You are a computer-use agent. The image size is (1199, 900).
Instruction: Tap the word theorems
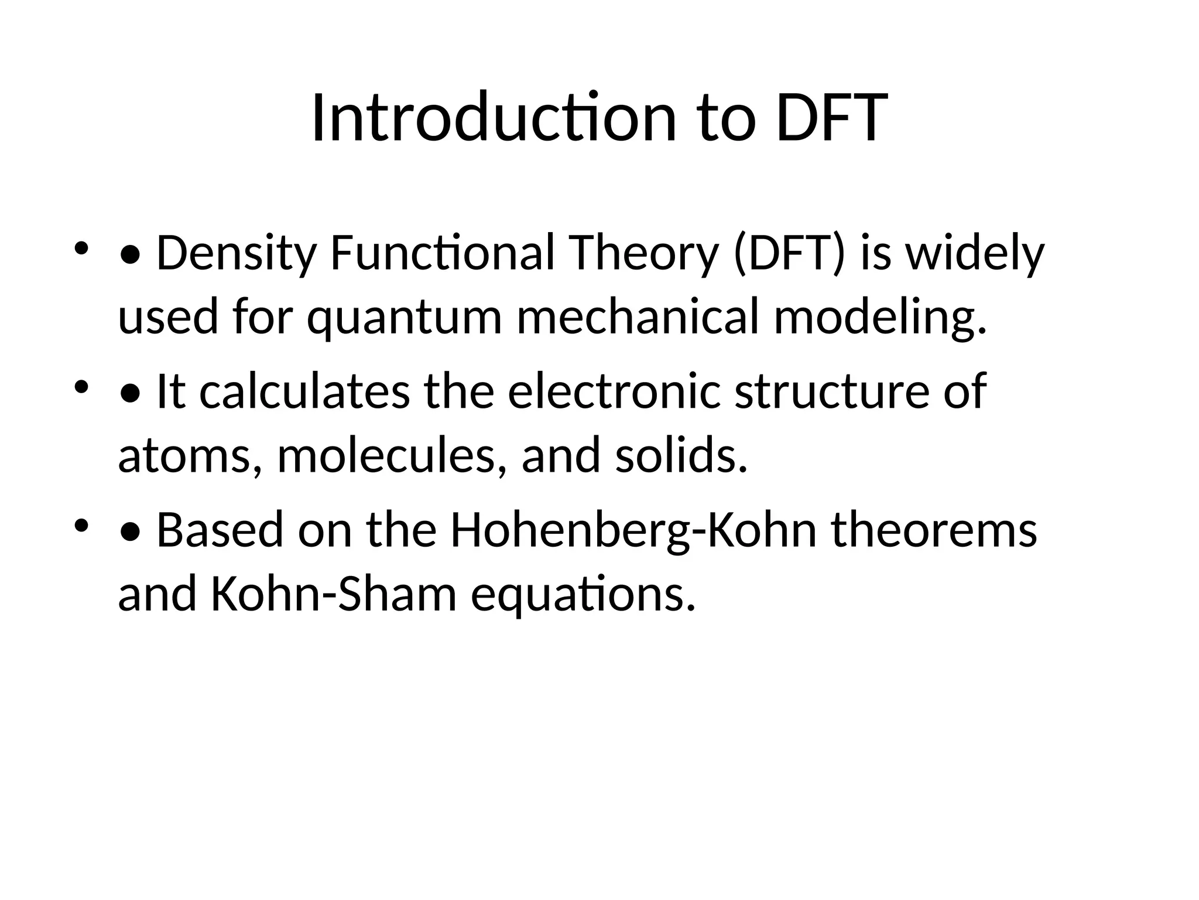pos(934,530)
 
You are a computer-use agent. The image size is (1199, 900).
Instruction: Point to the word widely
pos(974,254)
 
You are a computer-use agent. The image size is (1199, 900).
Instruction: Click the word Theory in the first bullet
pos(643,254)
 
